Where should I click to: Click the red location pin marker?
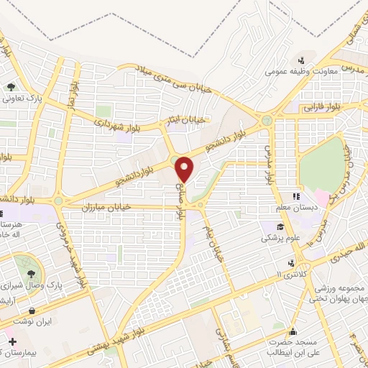coord(185,169)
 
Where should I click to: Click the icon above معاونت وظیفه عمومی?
coord(303,60)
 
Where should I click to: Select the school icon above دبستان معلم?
coord(295,196)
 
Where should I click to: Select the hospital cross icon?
coord(11,339)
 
